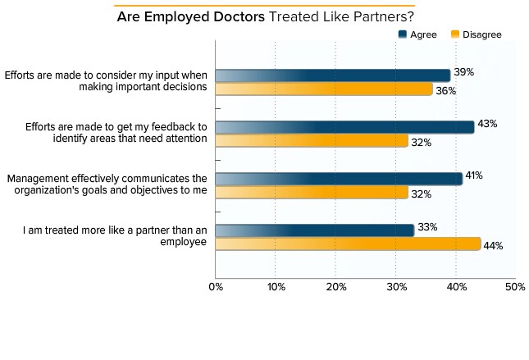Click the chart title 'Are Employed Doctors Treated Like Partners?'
pos(265,16)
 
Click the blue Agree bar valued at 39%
pos(332,75)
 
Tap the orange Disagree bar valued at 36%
pos(323,89)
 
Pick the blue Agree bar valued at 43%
pos(344,127)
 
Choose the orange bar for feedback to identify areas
pos(312,141)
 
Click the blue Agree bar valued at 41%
pos(338,179)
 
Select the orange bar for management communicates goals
pos(312,193)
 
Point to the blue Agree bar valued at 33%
pos(314,230)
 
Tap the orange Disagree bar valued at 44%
pos(348,244)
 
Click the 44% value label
pos(493,245)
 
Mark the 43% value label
pos(487,124)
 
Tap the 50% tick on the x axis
pos(515,287)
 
